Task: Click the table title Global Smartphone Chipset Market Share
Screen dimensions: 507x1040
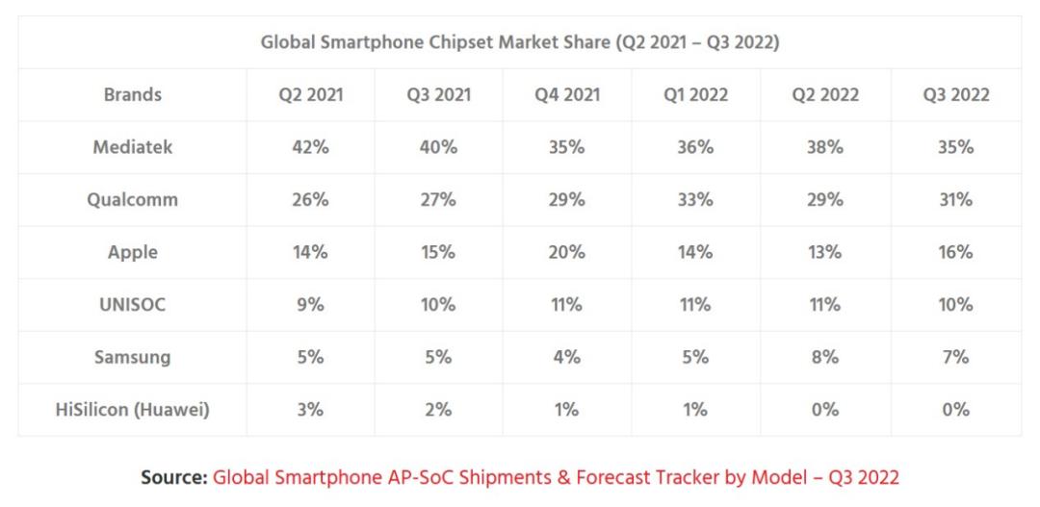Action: pyautogui.click(x=519, y=43)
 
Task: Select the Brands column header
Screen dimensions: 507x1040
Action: pyautogui.click(x=132, y=95)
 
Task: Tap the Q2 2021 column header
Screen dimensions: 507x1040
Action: pyautogui.click(x=310, y=95)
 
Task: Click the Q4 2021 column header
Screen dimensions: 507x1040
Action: pyautogui.click(x=567, y=95)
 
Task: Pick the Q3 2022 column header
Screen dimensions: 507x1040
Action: pyautogui.click(x=955, y=95)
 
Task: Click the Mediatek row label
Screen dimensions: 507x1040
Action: pyautogui.click(x=132, y=147)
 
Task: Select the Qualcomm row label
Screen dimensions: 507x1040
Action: pyautogui.click(x=132, y=200)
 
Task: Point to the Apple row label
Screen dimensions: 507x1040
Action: pyautogui.click(x=132, y=252)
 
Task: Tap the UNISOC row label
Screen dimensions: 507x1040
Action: pyautogui.click(x=132, y=305)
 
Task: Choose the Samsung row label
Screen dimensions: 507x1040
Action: pyautogui.click(x=132, y=357)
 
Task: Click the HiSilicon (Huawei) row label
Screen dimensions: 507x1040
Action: pyautogui.click(x=132, y=410)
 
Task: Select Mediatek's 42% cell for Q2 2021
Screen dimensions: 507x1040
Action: pyautogui.click(x=310, y=147)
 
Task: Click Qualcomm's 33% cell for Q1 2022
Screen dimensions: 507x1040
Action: pyautogui.click(x=695, y=200)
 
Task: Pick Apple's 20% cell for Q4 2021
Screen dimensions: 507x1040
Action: pyautogui.click(x=567, y=252)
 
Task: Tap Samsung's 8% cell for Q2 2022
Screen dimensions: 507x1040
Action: pyautogui.click(x=825, y=357)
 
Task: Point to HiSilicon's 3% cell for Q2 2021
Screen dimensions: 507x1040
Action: pyautogui.click(x=310, y=410)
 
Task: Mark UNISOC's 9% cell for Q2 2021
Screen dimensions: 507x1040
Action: pyautogui.click(x=310, y=305)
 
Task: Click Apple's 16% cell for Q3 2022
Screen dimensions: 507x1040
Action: pyautogui.click(x=955, y=252)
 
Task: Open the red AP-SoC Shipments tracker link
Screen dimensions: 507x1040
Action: pyautogui.click(x=556, y=477)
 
